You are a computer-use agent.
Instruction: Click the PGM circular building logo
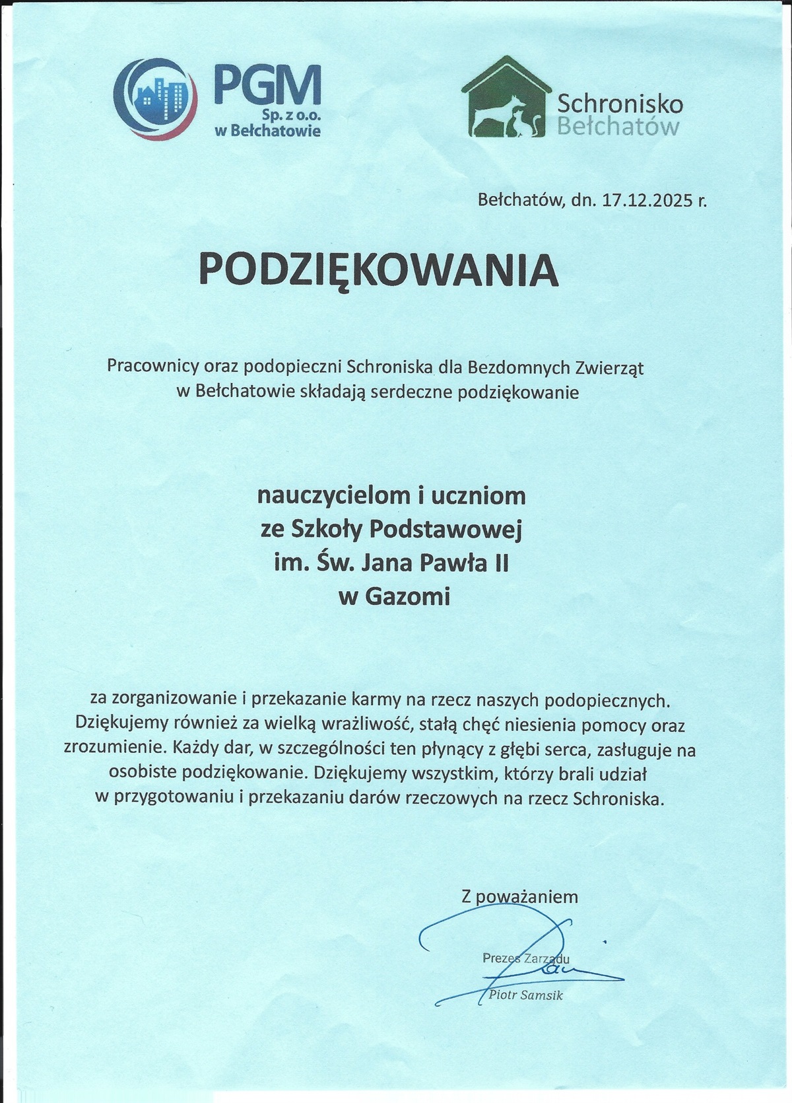tap(156, 98)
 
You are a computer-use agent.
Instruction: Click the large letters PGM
tap(267, 87)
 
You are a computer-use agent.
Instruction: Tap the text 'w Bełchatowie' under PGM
tap(267, 131)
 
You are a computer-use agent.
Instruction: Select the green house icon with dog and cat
tap(506, 98)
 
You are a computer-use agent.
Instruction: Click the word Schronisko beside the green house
tap(620, 103)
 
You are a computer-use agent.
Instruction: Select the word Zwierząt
tap(610, 367)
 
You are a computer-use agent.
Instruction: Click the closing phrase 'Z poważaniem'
tap(519, 896)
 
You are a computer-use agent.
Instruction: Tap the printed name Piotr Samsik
tap(526, 995)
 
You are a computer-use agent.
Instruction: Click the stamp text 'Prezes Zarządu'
tap(525, 958)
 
